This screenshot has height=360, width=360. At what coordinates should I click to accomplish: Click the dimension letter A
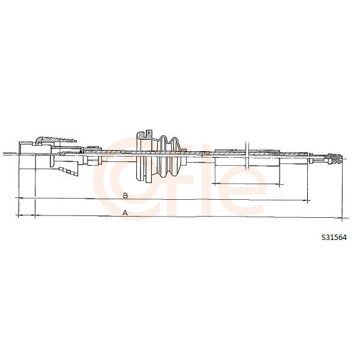[x=125, y=212]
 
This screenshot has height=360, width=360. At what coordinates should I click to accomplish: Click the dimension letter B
[x=125, y=196]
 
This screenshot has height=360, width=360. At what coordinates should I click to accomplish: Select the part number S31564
[x=334, y=238]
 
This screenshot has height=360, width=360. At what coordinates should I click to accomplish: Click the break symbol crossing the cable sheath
[x=247, y=155]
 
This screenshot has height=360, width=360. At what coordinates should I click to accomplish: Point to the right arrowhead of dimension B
[x=306, y=202]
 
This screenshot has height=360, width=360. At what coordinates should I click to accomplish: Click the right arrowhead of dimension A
[x=339, y=218]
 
